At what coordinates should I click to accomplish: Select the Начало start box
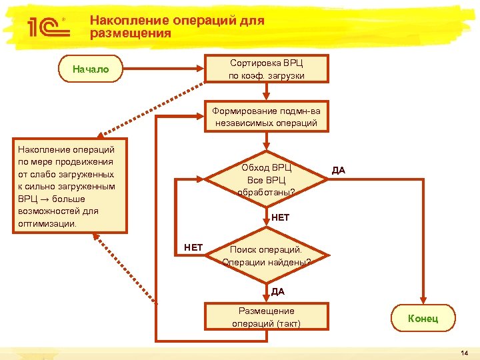(x=91, y=69)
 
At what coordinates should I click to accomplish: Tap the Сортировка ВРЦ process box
(x=267, y=69)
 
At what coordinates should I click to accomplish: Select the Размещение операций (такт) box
(x=267, y=317)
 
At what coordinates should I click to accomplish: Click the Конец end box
(x=423, y=318)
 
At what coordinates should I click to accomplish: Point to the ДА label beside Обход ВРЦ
(x=339, y=170)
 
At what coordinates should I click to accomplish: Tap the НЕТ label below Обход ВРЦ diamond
(x=281, y=217)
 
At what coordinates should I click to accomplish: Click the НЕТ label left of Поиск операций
(x=193, y=247)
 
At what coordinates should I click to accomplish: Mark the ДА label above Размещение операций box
(x=278, y=291)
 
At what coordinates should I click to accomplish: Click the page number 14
(x=464, y=351)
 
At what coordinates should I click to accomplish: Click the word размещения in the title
(x=131, y=33)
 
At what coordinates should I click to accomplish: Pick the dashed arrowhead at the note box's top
(x=100, y=135)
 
